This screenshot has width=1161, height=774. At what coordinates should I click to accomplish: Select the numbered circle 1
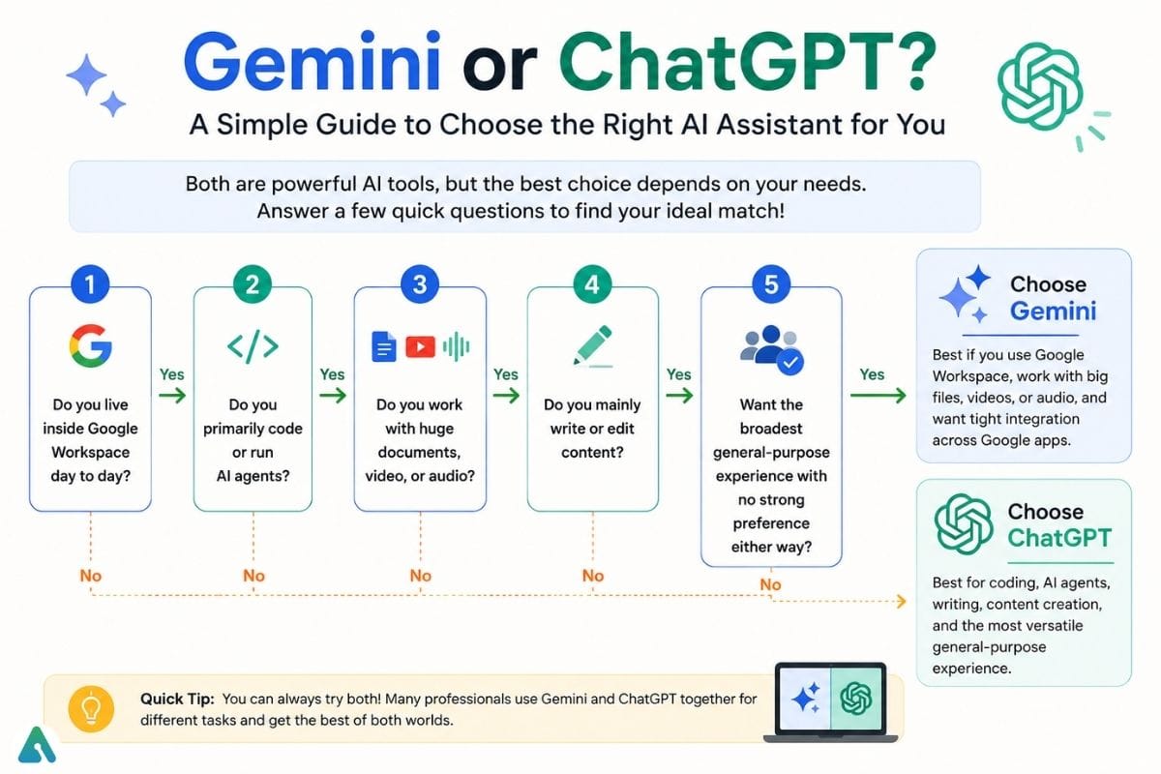(90, 284)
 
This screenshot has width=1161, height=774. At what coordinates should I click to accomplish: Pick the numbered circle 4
(592, 284)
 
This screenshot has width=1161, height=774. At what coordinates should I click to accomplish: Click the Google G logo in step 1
(91, 345)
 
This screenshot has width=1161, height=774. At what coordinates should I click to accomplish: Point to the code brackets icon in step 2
(253, 346)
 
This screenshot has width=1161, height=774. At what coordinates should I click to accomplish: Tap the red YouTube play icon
(420, 347)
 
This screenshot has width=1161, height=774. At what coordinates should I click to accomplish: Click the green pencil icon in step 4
(592, 345)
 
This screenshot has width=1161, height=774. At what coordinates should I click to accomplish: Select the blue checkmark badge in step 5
(790, 363)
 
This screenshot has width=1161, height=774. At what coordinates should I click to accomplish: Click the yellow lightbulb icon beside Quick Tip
(91, 708)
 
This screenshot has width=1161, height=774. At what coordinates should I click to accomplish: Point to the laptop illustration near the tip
(831, 702)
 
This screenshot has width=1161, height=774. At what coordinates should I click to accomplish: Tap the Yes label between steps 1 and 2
(171, 374)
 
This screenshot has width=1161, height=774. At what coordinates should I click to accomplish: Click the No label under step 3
(420, 576)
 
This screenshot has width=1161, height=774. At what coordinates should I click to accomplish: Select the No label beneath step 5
(770, 584)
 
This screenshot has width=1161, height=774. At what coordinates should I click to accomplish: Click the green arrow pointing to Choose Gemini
(878, 396)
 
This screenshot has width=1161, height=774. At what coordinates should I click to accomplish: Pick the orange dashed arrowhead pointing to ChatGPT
(901, 602)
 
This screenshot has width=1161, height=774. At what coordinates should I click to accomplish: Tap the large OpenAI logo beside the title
(1040, 85)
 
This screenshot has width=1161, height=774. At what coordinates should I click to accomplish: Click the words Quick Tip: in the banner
(177, 699)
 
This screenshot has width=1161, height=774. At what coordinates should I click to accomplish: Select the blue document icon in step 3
(384, 346)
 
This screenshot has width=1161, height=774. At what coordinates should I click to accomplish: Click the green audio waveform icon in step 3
(456, 346)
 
